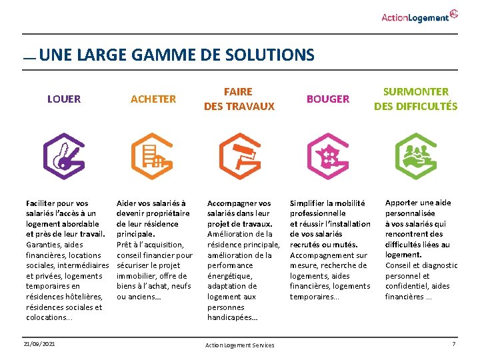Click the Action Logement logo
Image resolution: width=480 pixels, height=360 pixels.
pyautogui.click(x=419, y=16)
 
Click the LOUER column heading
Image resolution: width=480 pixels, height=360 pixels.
pyautogui.click(x=64, y=99)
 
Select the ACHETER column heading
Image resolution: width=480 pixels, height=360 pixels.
pyautogui.click(x=153, y=99)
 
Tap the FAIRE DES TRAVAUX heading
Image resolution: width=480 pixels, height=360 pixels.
pyautogui.click(x=239, y=99)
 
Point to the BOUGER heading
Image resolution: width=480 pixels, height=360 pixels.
pyautogui.click(x=327, y=99)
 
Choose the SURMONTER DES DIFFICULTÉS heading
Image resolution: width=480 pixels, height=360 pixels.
pyautogui.click(x=415, y=99)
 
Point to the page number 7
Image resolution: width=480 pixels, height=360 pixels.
pyautogui.click(x=453, y=344)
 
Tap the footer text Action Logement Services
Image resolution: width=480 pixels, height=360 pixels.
pyautogui.click(x=240, y=345)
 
